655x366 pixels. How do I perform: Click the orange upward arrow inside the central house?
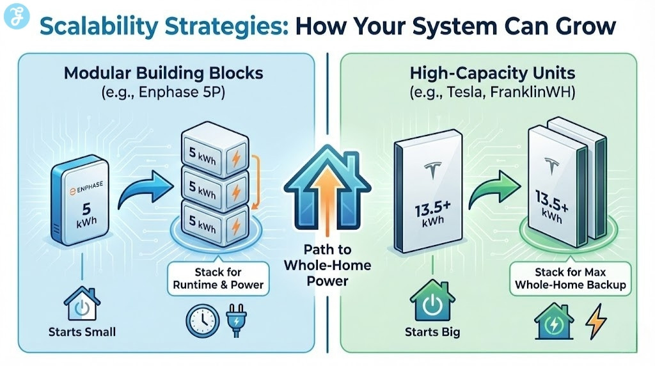pos(326,195)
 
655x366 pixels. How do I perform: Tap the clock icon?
pos(200,321)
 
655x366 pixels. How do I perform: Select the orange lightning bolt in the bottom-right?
pos(595,323)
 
